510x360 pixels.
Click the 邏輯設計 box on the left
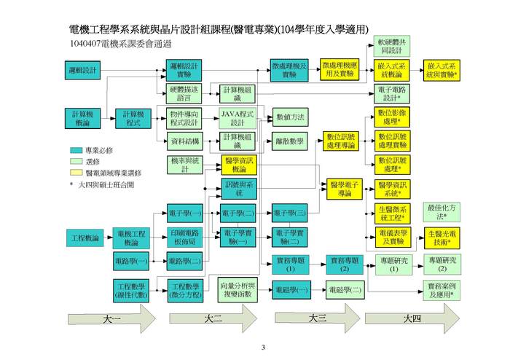point(82,70)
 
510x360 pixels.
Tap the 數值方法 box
point(290,117)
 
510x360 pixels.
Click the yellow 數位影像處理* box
point(392,117)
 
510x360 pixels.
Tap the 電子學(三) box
point(290,213)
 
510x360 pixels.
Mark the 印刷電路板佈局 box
point(184,237)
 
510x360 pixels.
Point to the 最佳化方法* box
point(442,212)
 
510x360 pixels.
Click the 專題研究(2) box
point(442,265)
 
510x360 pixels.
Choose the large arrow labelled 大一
point(111,318)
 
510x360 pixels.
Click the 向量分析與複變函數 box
point(240,289)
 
